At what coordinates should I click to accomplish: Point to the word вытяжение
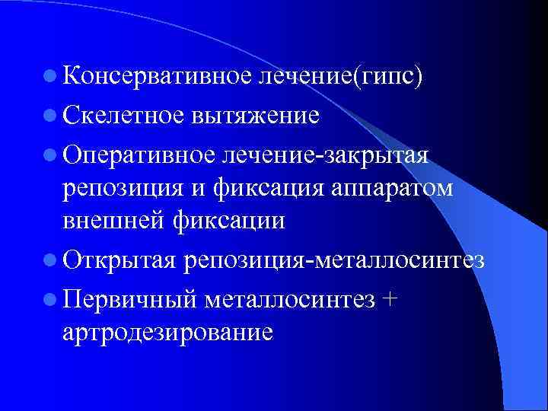[x=248, y=115]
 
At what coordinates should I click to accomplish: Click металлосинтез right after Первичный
[x=288, y=298]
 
